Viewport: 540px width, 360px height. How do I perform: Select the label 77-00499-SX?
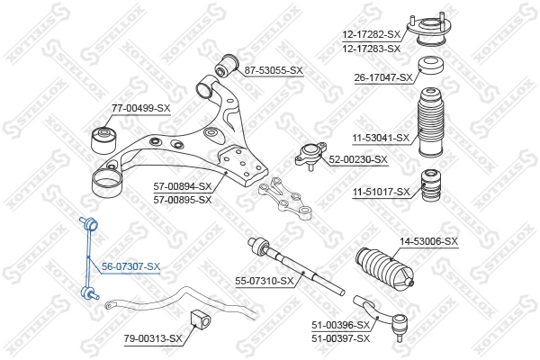(140, 108)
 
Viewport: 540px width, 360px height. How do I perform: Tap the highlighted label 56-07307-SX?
(130, 266)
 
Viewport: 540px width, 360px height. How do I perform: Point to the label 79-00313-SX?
(152, 338)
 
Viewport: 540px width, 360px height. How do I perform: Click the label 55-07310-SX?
(265, 281)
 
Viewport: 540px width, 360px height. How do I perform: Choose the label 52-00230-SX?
(357, 159)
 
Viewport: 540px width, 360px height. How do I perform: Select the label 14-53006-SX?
(428, 241)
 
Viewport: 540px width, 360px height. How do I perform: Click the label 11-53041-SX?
(380, 138)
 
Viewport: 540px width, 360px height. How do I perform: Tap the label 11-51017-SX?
(381, 192)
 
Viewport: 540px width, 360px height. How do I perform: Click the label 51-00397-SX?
(340, 337)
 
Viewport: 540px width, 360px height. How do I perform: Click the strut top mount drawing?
(431, 27)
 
